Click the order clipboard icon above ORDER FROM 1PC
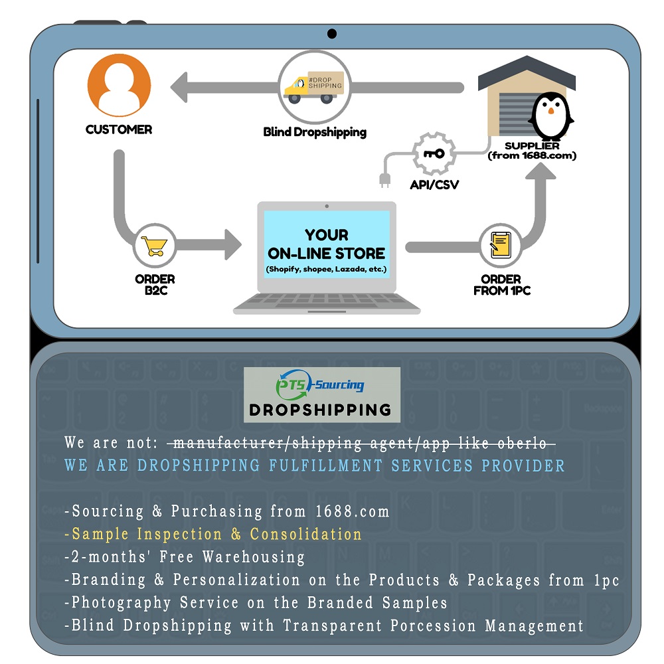click(501, 246)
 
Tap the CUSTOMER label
click(119, 129)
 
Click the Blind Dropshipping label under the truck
click(315, 132)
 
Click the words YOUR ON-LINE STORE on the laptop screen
click(326, 244)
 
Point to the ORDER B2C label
click(155, 284)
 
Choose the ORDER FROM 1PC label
click(501, 285)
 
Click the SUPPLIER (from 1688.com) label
click(532, 151)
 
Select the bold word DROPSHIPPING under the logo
click(320, 410)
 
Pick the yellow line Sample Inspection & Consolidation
click(213, 535)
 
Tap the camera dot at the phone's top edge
click(332, 34)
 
